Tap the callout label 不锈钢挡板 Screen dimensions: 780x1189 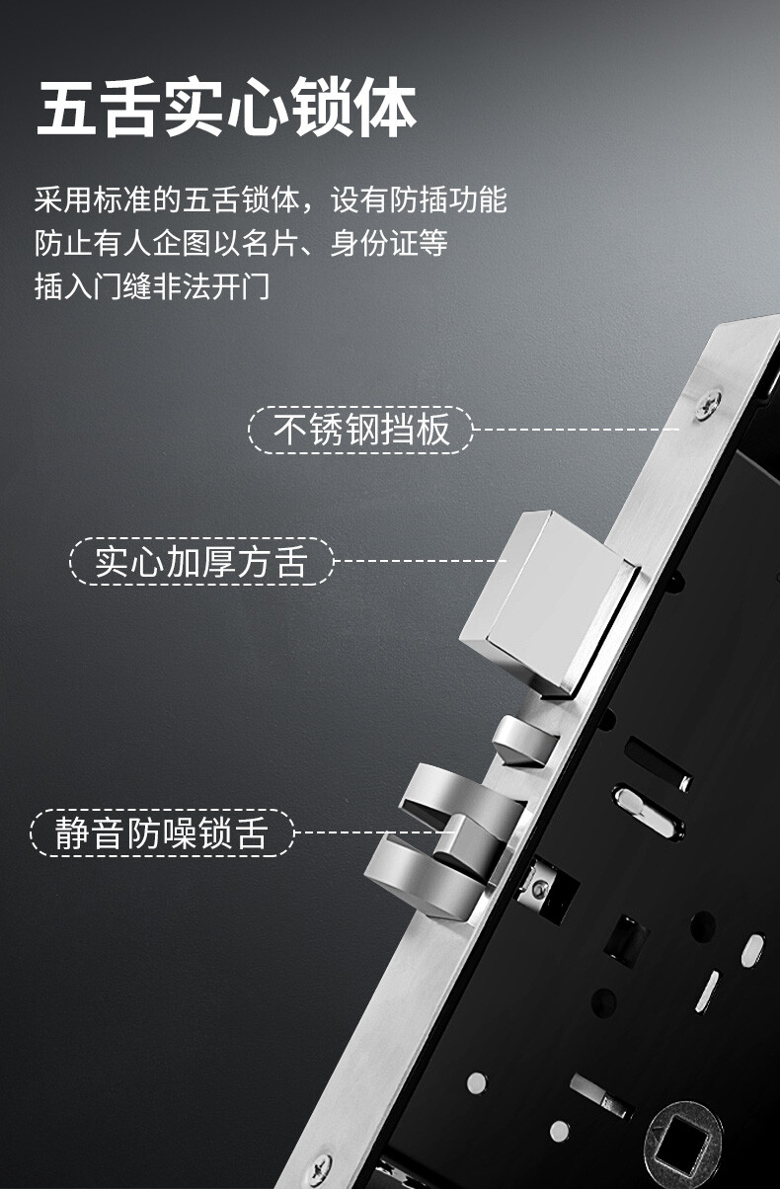360,430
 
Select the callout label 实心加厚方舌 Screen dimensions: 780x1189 201,562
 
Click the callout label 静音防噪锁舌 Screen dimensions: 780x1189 162,832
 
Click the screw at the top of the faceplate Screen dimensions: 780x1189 708,405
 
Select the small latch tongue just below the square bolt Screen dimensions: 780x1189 525,742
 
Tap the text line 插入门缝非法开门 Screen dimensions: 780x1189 152,287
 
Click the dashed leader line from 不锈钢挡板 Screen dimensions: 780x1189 576,430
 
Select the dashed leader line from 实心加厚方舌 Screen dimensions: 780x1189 420,561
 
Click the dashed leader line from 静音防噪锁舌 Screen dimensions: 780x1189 374,832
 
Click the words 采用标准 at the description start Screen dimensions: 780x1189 94,200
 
